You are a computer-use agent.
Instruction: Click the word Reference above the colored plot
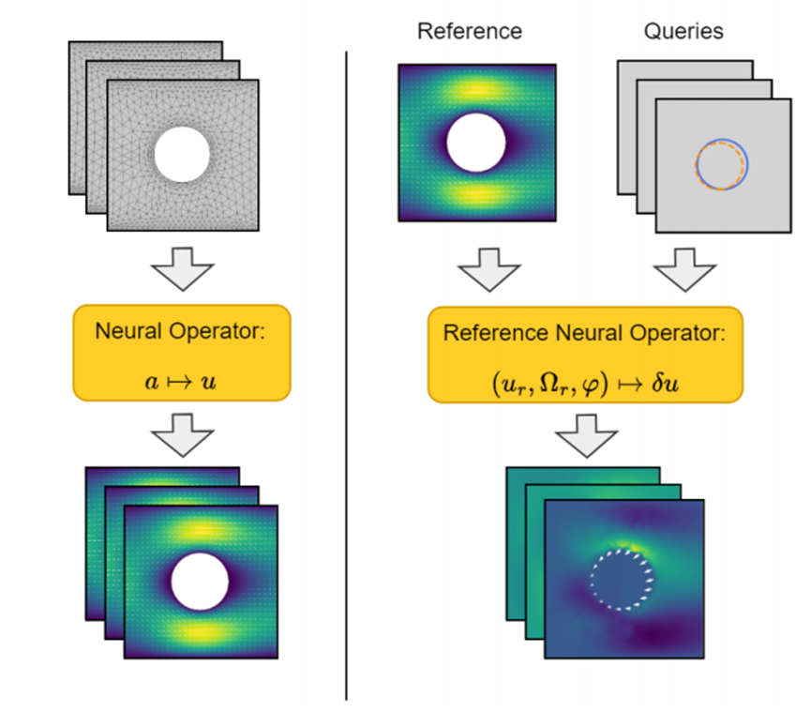[x=469, y=31]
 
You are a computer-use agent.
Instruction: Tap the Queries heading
[x=683, y=31]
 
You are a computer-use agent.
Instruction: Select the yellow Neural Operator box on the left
[x=182, y=352]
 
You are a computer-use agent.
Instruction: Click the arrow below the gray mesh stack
[x=182, y=271]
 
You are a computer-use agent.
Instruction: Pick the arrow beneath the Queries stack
[x=685, y=273]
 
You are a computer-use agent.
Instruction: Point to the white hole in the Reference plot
[x=476, y=142]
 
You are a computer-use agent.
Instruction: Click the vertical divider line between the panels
[x=347, y=375]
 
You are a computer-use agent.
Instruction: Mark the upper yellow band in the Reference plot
[x=476, y=89]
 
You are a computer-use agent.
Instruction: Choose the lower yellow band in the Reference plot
[x=476, y=194]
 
